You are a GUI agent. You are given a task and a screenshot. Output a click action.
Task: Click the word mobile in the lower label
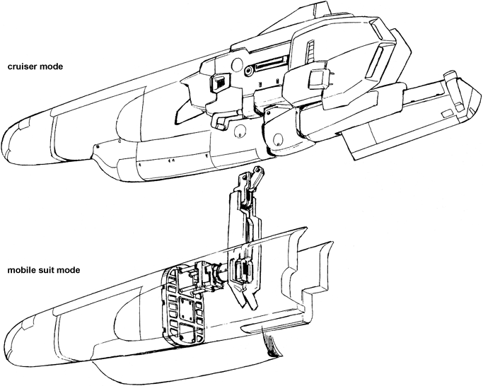point(21,270)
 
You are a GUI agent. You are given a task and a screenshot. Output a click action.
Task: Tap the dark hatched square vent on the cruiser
point(219,84)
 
